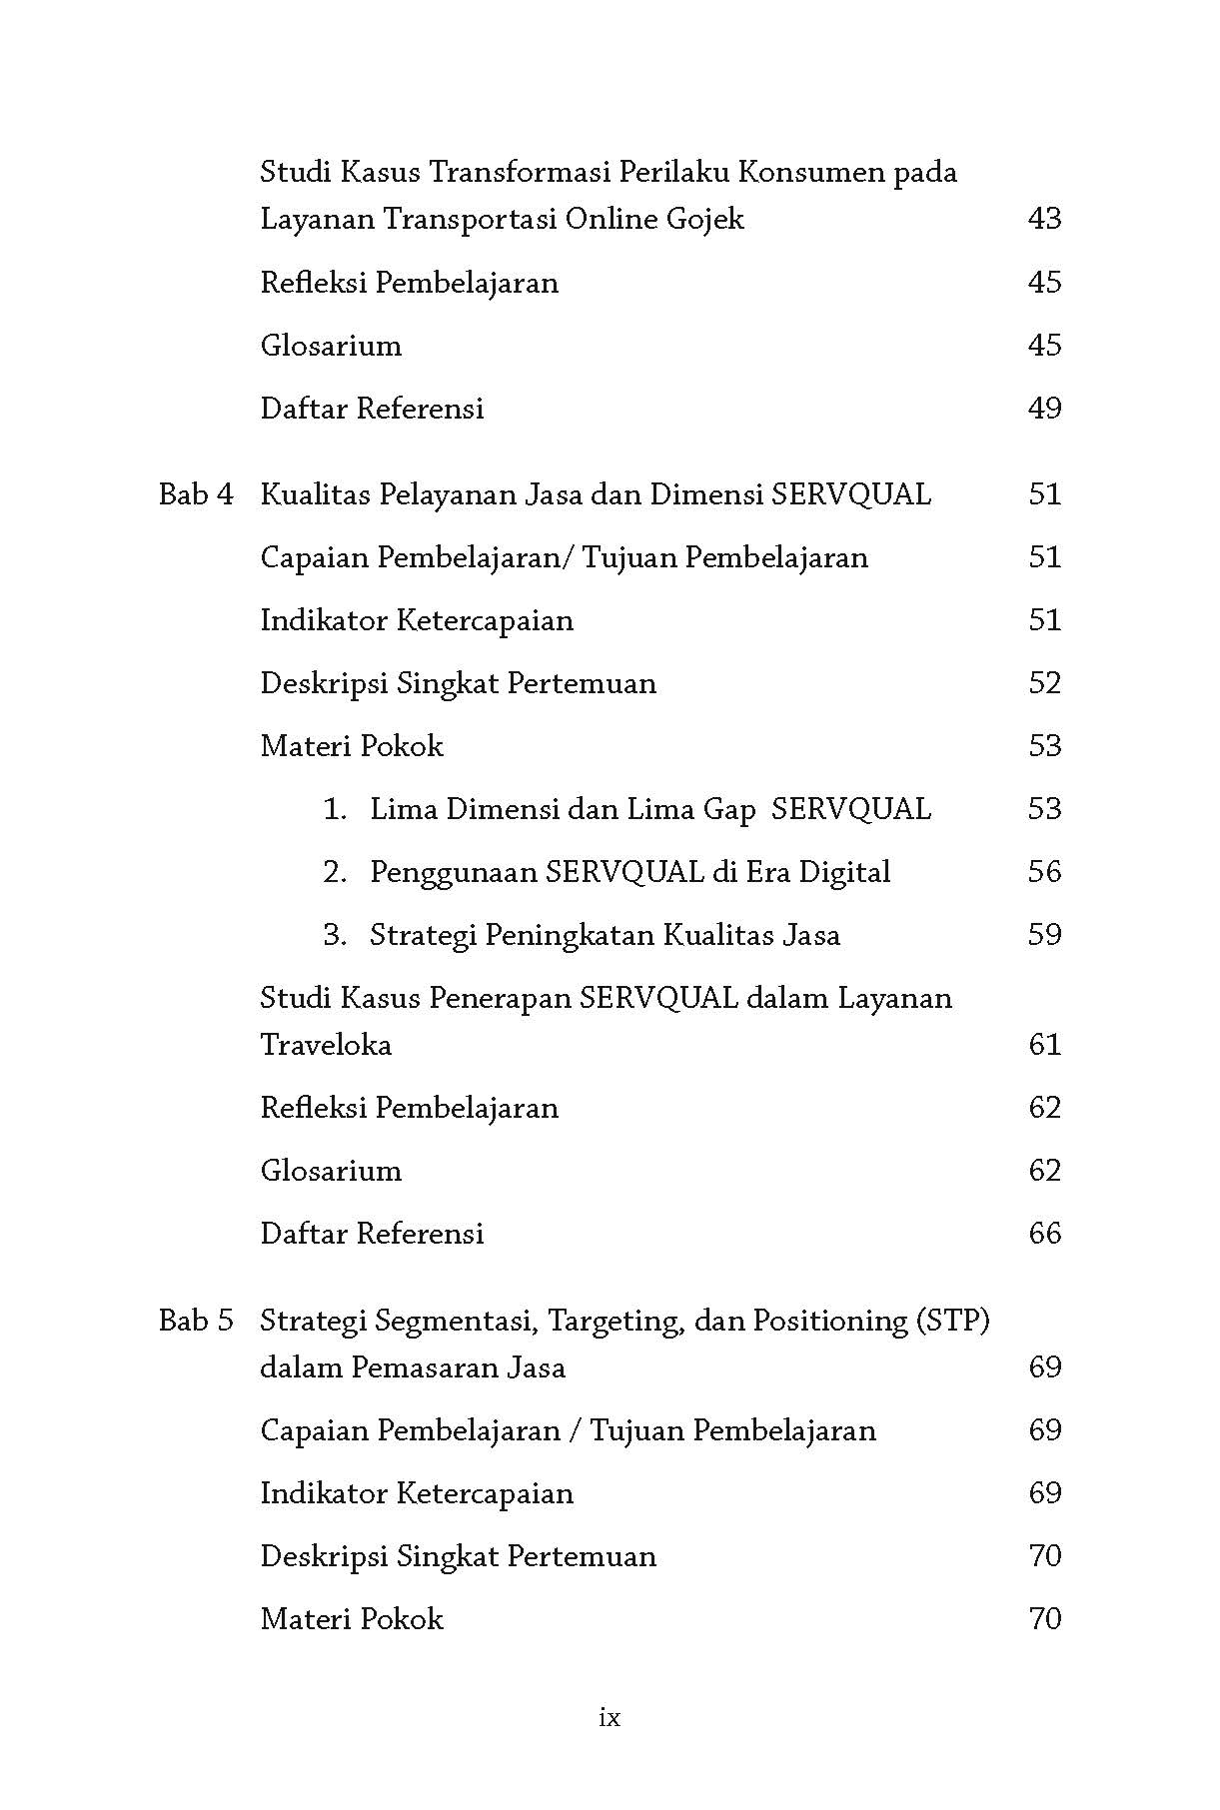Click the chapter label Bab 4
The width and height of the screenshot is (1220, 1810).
tap(196, 494)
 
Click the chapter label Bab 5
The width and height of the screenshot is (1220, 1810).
tap(196, 1321)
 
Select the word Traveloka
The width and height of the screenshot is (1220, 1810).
tap(326, 1045)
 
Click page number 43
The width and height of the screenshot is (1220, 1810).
tap(1044, 219)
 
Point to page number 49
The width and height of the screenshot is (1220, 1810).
tap(1044, 409)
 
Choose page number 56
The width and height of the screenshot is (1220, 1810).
tap(1044, 872)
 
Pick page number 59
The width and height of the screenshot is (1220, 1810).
tap(1044, 935)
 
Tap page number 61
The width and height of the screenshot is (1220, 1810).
tap(1044, 1045)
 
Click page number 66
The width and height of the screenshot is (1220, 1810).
tap(1044, 1234)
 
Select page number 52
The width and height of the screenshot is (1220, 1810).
tap(1044, 683)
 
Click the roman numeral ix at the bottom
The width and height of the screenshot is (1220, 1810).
tap(610, 1718)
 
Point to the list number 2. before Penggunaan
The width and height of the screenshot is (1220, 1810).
tap(335, 872)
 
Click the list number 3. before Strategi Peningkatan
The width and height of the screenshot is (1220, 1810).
tap(335, 935)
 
